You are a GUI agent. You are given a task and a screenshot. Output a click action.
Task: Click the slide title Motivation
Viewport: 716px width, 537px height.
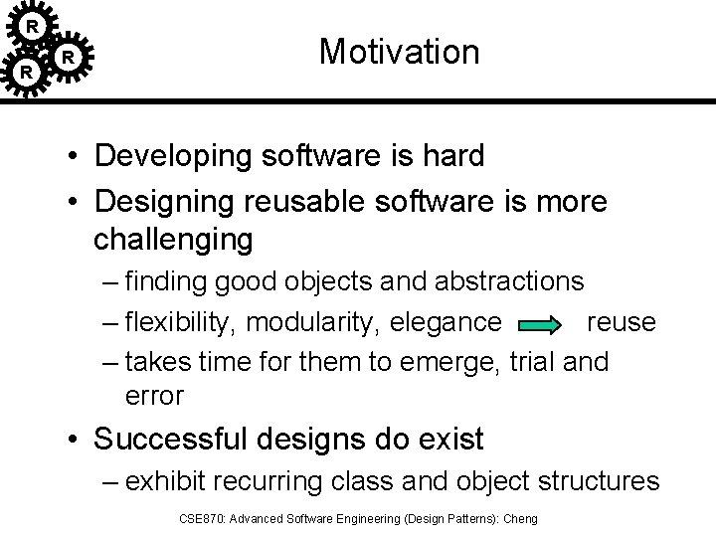(400, 52)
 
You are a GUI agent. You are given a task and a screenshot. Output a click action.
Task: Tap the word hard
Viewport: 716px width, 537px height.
(450, 156)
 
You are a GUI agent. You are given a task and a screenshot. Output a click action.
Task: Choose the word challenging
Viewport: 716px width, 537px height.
(173, 240)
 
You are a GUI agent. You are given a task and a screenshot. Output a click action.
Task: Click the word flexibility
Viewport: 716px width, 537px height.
(181, 322)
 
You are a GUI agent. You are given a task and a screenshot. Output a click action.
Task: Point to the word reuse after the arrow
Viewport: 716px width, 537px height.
(622, 322)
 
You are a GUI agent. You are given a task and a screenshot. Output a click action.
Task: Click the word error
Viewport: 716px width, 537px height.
(154, 396)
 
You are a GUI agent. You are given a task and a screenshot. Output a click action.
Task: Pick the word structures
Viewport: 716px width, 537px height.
(599, 482)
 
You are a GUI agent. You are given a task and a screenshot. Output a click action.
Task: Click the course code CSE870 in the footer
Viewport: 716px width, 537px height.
(196, 519)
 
